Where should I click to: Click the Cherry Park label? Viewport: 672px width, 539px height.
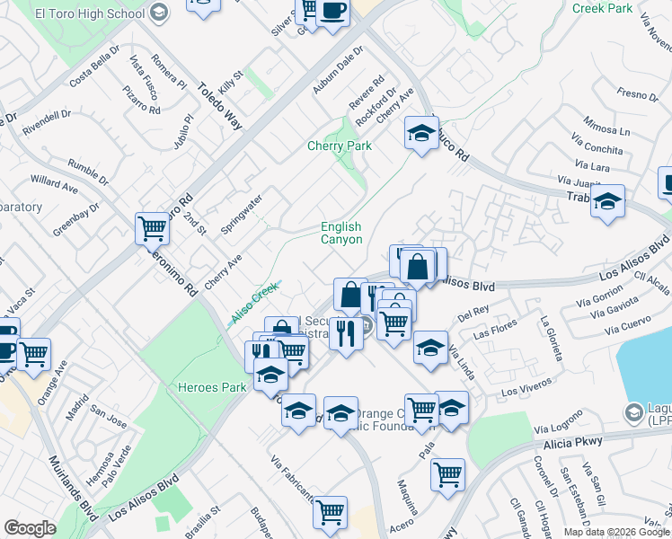[x=340, y=146]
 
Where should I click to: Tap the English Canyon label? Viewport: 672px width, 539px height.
[x=341, y=234]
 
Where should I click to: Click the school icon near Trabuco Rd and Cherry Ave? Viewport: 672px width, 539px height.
[x=421, y=134]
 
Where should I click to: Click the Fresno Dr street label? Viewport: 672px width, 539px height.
[x=638, y=93]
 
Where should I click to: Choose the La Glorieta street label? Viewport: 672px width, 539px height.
[x=551, y=338]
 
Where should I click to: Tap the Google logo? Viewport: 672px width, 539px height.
[x=30, y=528]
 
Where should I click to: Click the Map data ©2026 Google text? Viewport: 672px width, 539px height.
[x=616, y=532]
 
